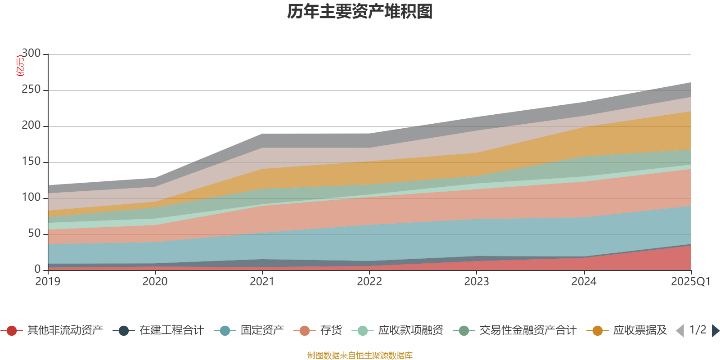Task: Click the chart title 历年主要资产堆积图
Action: [x=360, y=12]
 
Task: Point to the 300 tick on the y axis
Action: [x=31, y=54]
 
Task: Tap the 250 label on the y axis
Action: [x=31, y=90]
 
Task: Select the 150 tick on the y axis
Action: [x=31, y=162]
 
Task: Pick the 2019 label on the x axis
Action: [x=48, y=282]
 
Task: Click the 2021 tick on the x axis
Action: [x=262, y=282]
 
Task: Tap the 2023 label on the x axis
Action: [x=477, y=282]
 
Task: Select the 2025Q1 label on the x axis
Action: [x=690, y=282]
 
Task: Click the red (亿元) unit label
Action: [x=20, y=66]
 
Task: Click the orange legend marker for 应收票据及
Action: [x=598, y=331]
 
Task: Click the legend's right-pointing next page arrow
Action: [x=715, y=331]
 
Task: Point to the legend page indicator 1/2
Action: [x=697, y=330]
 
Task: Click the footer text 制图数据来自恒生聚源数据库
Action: [x=360, y=355]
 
